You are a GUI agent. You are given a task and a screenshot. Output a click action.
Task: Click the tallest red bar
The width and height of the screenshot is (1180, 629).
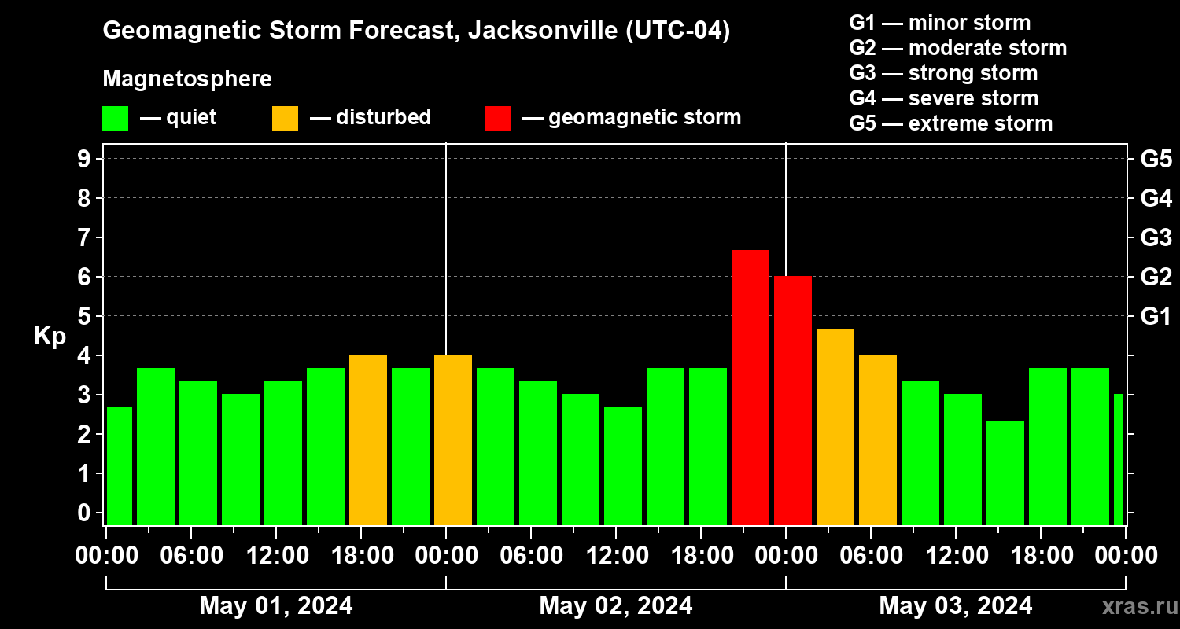[x=750, y=387]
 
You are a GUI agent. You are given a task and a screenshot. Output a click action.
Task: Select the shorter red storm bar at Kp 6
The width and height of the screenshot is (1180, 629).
[x=792, y=400]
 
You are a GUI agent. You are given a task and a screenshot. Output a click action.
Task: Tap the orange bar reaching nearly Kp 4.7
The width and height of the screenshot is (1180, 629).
[x=835, y=426]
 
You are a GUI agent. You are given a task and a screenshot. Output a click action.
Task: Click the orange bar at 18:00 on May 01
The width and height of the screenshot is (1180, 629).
[x=367, y=440]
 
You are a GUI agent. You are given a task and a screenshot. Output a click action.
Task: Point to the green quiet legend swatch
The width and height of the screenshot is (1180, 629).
[x=115, y=119]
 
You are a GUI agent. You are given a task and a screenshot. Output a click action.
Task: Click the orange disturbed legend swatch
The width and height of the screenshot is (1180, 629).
[x=285, y=119]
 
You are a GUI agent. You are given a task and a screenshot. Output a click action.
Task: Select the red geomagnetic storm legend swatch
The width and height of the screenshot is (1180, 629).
[x=497, y=119]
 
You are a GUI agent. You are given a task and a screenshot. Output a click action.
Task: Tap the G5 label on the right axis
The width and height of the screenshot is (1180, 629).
[x=1156, y=159]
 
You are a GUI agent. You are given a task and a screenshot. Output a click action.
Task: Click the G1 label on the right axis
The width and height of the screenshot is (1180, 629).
[x=1156, y=316]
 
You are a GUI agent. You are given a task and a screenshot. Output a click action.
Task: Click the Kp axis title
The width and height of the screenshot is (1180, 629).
[x=50, y=337]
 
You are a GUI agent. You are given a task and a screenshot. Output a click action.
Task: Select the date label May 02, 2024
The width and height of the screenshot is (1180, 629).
[x=615, y=605]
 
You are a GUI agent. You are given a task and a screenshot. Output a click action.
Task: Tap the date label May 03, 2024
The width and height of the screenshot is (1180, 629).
[x=955, y=605]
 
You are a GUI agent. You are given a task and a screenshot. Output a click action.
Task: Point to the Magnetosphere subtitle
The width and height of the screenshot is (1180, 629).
[x=187, y=79]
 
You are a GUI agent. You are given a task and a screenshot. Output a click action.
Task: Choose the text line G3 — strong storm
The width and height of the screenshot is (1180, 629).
[x=943, y=73]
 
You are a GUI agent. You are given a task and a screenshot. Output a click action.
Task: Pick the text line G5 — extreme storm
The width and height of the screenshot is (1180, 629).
[x=950, y=123]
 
